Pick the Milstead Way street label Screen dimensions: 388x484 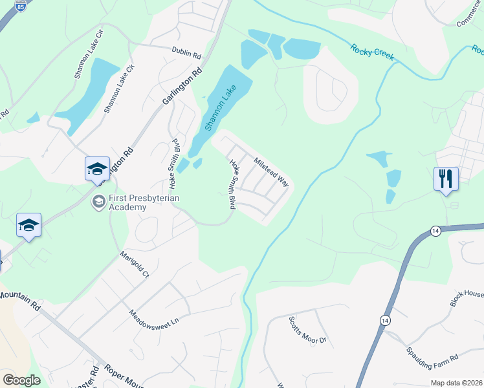pyautogui.click(x=271, y=171)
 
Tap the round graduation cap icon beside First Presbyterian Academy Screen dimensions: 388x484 pyautogui.click(x=99, y=201)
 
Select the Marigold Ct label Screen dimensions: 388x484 pyautogui.click(x=135, y=264)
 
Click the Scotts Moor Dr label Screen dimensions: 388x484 pyautogui.click(x=308, y=330)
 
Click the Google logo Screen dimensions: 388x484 pyautogui.click(x=21, y=380)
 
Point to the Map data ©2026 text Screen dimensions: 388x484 pyautogui.click(x=456, y=383)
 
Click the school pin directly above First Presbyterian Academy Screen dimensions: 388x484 pyautogui.click(x=97, y=169)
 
